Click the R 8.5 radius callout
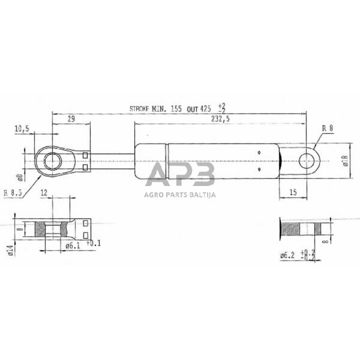click(x=13, y=192)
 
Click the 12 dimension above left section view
click(x=43, y=193)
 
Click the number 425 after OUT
click(x=206, y=109)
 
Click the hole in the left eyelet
click(x=53, y=161)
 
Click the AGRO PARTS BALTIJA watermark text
click(x=179, y=194)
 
